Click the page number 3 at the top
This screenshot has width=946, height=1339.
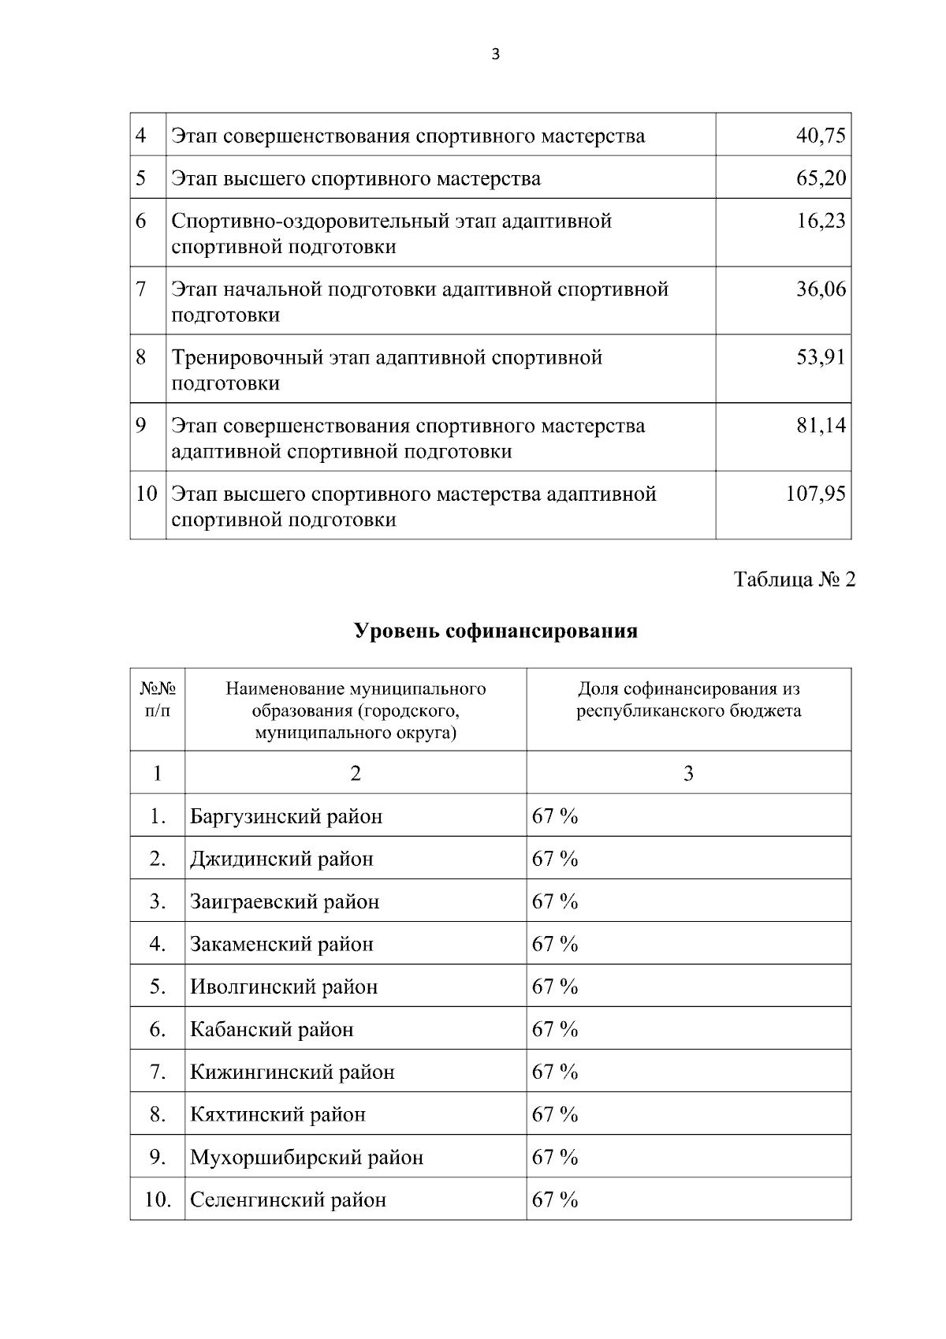coord(495,54)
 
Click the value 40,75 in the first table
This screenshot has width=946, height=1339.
coord(821,136)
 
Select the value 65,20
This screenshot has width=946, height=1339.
coord(821,178)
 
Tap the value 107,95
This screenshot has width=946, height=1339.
coord(815,494)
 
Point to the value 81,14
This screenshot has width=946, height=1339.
coord(821,426)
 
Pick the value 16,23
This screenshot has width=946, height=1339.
coord(821,221)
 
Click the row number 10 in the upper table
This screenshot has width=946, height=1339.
coord(147,494)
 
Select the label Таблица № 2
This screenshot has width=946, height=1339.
coord(794,580)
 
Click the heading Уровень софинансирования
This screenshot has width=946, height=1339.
coord(495,632)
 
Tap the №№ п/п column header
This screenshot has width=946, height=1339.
coord(158,699)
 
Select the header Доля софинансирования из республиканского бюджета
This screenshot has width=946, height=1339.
coord(688,699)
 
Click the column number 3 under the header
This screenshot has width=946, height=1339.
coord(688,774)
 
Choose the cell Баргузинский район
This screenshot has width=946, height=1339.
coord(286,816)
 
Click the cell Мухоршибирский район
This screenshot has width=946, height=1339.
coord(307,1158)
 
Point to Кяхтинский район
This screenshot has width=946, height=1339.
coord(277,1115)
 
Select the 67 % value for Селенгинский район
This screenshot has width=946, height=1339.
coord(555,1200)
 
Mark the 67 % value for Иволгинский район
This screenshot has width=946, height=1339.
coord(555,987)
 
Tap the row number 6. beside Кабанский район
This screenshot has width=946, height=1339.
coord(158,1029)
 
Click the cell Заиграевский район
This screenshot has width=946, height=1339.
coord(285,901)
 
